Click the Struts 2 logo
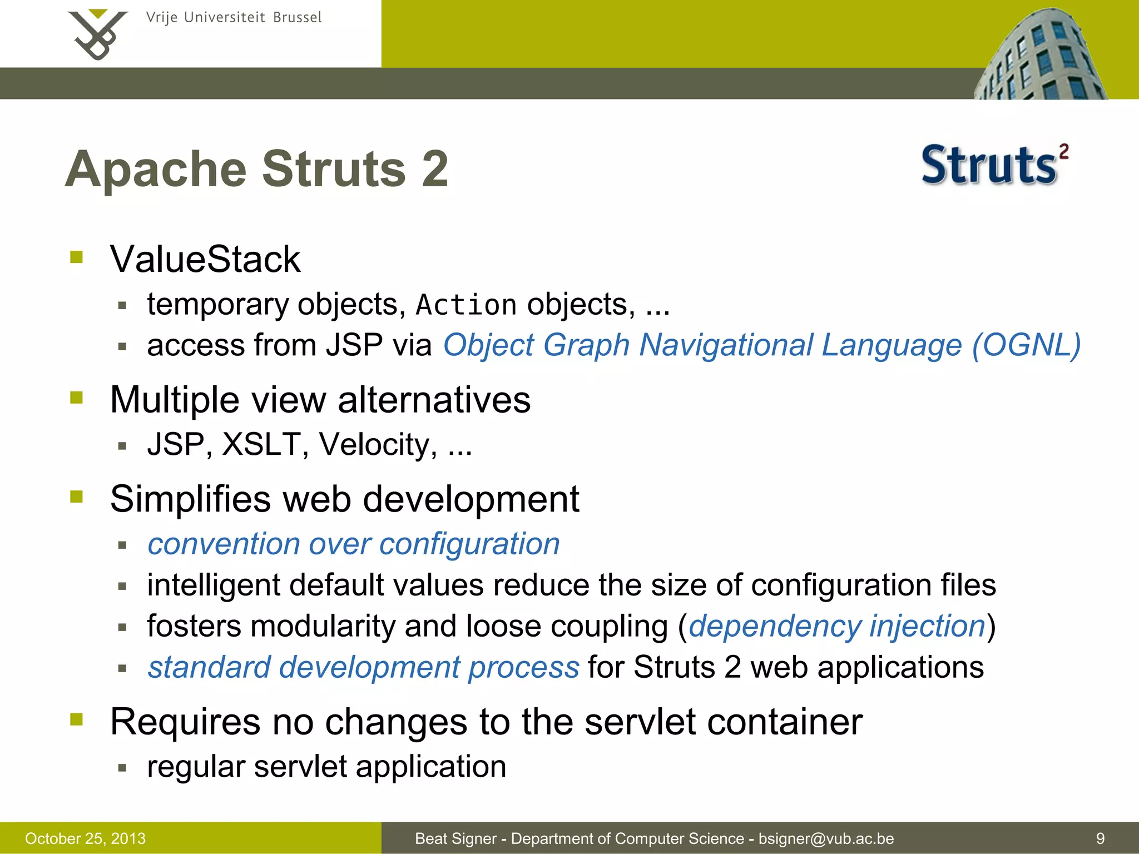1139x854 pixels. pos(994,165)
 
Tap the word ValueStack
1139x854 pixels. pos(205,259)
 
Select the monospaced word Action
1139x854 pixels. pos(466,305)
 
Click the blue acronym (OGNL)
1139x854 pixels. pos(1026,345)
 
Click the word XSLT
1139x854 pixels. pos(261,444)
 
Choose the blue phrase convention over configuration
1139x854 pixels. pos(353,544)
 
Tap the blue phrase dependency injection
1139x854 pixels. pos(837,626)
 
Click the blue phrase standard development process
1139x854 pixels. pos(363,667)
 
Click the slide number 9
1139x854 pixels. pos(1100,838)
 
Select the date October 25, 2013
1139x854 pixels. pos(85,838)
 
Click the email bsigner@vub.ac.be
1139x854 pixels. pos(826,838)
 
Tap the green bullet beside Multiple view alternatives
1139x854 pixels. pos(77,398)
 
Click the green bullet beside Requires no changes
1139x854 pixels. pos(77,719)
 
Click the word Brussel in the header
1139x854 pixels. pos(297,17)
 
